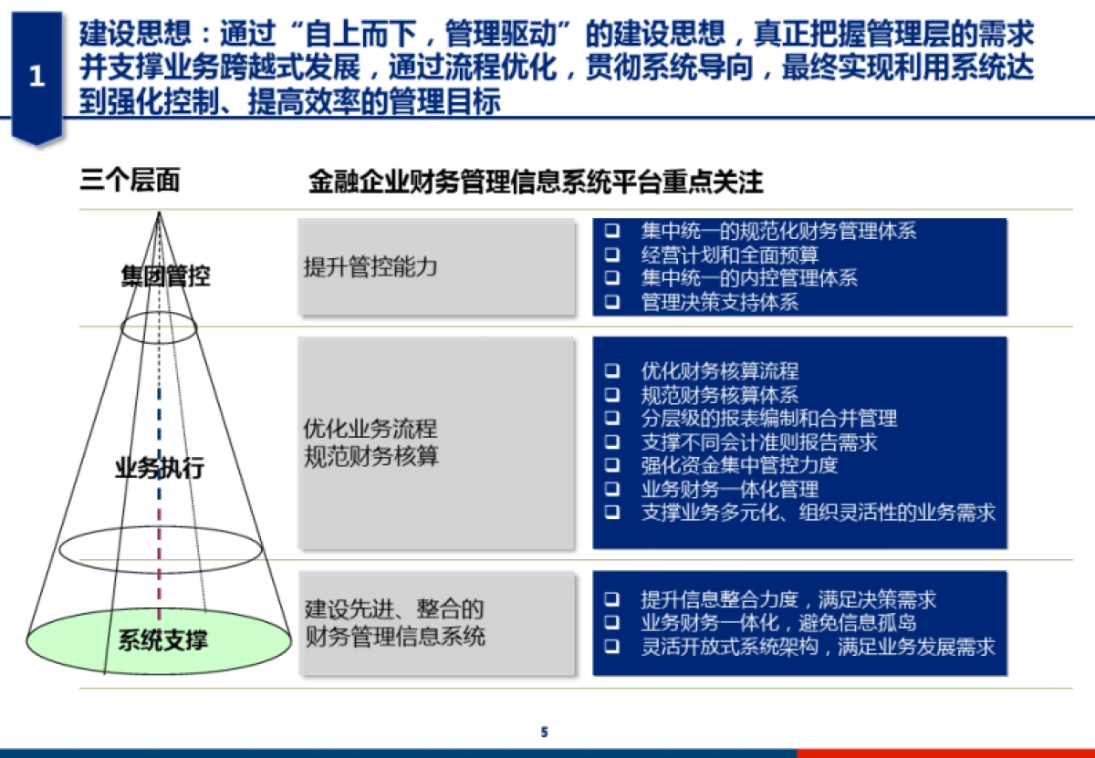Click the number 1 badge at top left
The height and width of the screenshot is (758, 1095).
point(36,78)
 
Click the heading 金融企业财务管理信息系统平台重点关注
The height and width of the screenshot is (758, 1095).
point(536,182)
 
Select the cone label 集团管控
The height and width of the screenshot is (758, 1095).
point(165,276)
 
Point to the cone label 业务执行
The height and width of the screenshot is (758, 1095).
point(159,470)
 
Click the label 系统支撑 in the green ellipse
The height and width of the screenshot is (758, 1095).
point(162,640)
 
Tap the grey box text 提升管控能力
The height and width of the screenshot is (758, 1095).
point(370,267)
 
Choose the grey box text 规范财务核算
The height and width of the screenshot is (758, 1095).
point(370,456)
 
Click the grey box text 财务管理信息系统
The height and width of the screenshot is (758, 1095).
point(395,636)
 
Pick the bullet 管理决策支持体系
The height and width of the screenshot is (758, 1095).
point(719,302)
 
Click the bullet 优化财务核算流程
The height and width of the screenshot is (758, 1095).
point(719,371)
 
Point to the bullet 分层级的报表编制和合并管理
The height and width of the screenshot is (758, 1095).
point(769,419)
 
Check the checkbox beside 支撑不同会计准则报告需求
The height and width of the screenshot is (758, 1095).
point(611,442)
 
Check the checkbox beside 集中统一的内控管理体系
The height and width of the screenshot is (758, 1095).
point(611,278)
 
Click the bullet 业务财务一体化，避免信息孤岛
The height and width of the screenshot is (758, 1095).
point(778,623)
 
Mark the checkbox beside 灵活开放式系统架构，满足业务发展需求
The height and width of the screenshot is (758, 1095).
point(611,647)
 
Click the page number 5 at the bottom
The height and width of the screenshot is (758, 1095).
point(545,732)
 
